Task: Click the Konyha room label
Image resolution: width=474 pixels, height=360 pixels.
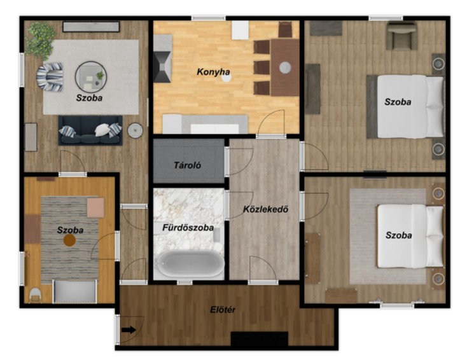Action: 213,72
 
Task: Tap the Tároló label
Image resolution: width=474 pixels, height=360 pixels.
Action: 188,165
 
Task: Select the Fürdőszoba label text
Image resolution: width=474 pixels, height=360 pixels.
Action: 188,228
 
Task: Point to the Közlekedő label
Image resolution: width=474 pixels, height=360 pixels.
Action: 266,209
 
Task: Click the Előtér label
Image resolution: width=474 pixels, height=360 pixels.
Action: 223,310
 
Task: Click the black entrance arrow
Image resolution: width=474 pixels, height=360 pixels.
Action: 129,329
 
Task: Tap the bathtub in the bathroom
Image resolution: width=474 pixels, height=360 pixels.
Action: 190,264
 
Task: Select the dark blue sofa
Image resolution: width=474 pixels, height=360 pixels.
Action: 90,130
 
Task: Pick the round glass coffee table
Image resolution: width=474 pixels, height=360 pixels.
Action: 91,77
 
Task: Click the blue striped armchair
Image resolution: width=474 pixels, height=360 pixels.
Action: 50,77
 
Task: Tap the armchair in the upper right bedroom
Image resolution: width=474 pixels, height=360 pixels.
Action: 401,36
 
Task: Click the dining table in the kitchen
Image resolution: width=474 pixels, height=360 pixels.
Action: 285,67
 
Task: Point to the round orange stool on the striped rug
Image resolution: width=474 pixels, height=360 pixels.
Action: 69,240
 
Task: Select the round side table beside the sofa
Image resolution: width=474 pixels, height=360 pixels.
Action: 135,130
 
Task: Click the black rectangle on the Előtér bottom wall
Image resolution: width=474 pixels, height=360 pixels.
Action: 260,339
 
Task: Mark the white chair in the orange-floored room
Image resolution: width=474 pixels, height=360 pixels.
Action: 36,295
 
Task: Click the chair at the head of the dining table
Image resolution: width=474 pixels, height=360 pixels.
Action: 285,29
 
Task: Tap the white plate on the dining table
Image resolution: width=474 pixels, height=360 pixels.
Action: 285,67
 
